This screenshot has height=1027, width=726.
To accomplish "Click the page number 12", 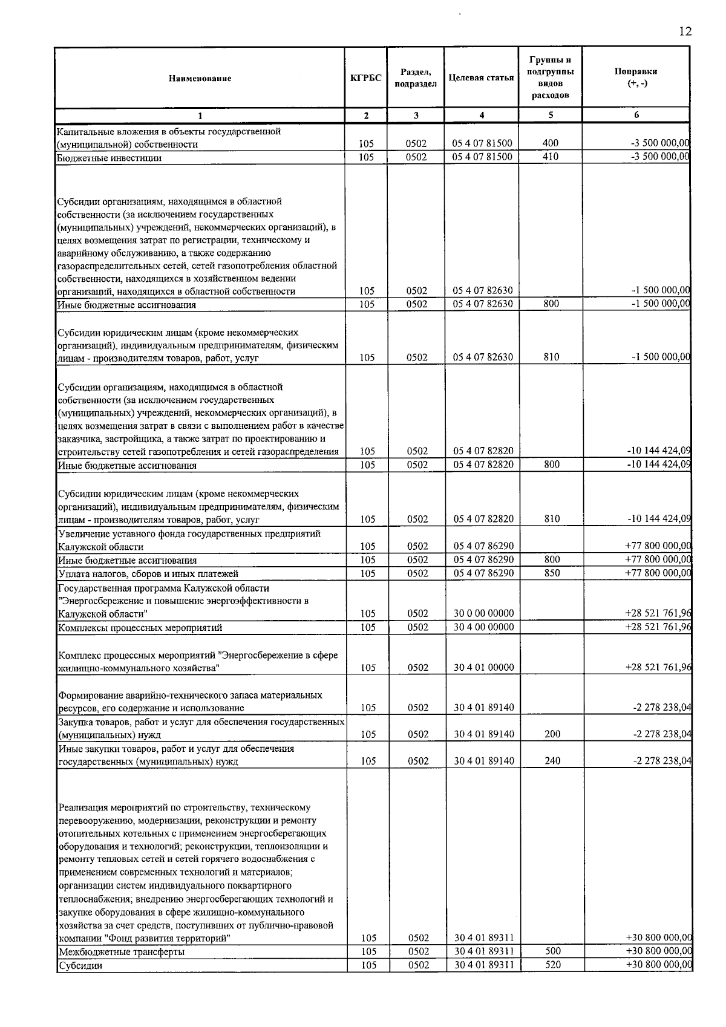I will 685,31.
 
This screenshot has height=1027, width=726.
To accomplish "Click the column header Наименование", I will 200,78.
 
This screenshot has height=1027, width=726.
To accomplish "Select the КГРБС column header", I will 366,78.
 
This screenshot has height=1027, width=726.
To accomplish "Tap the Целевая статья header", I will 481,78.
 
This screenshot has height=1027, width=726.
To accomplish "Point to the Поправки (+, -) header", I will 635,77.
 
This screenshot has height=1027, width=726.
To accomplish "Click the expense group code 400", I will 551,143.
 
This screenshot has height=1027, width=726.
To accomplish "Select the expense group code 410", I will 551,157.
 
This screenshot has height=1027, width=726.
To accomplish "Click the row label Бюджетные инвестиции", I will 110,158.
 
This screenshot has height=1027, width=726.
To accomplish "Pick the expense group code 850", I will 552,573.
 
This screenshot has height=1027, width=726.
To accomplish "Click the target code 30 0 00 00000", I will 484,613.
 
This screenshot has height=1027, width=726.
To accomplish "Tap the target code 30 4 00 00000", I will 484,627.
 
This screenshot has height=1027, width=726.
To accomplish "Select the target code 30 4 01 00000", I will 484,668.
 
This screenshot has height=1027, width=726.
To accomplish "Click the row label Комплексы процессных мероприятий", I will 140,628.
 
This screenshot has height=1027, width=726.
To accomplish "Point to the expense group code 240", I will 552,761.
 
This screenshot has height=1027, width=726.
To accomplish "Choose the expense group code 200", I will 552,734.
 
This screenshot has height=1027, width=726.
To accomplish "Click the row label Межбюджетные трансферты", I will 122,952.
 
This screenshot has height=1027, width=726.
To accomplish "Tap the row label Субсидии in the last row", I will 80,965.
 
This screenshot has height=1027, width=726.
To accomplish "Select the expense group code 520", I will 553,965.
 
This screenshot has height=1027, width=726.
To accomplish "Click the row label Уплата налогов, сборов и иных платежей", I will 148,573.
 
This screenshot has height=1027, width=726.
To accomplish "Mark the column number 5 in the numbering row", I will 551,115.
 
